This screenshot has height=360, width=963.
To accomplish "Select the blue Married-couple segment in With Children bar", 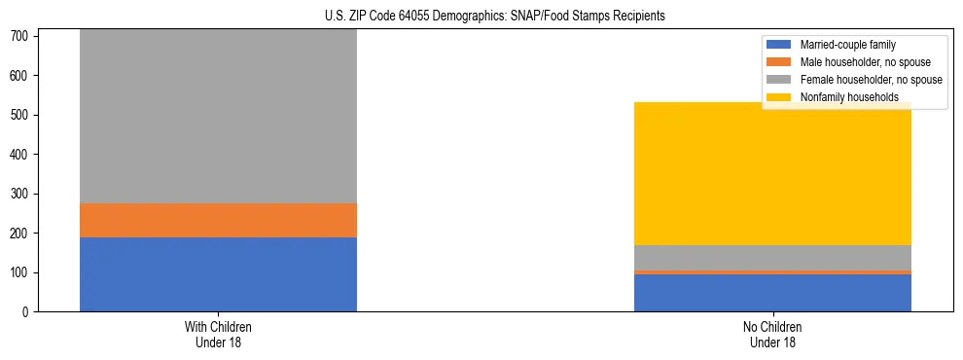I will click(218, 274).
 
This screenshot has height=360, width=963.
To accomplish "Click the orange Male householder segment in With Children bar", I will click(218, 220).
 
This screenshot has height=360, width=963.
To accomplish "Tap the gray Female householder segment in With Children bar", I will click(218, 117).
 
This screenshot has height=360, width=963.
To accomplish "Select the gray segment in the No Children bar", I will click(772, 258).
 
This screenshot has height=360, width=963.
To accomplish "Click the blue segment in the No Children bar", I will click(772, 293).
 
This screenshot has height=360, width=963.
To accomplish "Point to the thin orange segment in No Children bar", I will click(772, 272).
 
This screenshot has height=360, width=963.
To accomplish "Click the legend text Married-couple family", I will click(847, 45).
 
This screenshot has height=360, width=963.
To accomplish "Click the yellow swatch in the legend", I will click(780, 97).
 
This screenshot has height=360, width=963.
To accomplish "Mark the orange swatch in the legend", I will click(780, 62).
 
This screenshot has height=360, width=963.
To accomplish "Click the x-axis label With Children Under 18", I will click(218, 334).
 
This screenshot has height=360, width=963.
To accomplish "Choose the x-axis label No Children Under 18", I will click(772, 334).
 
